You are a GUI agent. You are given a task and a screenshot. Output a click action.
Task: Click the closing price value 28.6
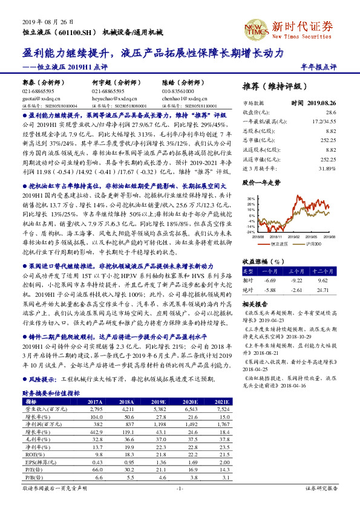(x=330, y=112)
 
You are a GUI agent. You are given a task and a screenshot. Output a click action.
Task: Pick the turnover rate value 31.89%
(x=327, y=167)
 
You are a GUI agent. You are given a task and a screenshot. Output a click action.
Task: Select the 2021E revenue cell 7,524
(x=224, y=409)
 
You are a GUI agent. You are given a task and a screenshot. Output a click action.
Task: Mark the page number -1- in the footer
(x=179, y=488)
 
